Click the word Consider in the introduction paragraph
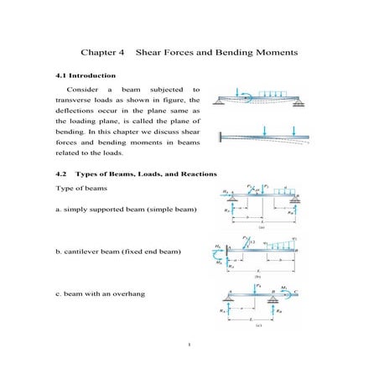[x=81, y=88]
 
